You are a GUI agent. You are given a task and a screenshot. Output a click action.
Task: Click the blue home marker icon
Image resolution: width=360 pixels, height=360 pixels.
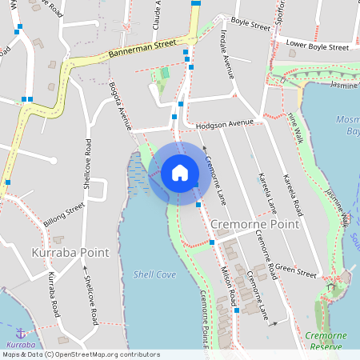180,172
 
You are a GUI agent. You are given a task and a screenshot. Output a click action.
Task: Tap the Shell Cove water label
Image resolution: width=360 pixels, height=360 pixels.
154,274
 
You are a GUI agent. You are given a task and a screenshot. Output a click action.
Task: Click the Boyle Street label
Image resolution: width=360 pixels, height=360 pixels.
250,25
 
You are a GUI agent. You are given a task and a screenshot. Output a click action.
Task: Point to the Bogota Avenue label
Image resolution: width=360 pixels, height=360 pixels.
120,107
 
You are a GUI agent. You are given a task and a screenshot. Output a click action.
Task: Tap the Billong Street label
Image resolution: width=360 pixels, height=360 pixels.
65,215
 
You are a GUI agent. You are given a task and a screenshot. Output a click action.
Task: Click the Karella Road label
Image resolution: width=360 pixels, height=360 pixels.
292,196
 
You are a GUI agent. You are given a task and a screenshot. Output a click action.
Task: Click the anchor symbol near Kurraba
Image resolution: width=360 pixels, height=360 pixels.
20,332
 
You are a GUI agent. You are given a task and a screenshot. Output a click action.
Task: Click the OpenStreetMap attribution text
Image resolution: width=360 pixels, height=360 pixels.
80,354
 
